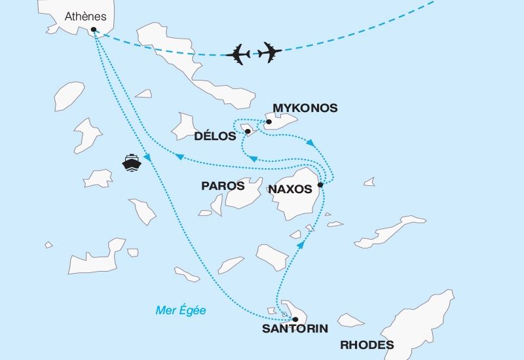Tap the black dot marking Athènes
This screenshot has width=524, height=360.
pos(94,29)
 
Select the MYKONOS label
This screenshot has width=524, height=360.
pos(305,108)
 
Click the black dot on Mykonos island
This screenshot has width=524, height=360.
pos(269,122)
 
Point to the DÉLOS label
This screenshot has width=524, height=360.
pos(215,136)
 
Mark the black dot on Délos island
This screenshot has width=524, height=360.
pos(248,132)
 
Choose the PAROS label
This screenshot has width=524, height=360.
pos(223,187)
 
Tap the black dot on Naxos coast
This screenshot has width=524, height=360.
pos(320,185)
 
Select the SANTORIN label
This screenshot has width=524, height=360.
pos(295,329)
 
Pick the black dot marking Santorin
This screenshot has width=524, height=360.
pos(295,319)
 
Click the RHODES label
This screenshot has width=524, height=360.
pos(367,345)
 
